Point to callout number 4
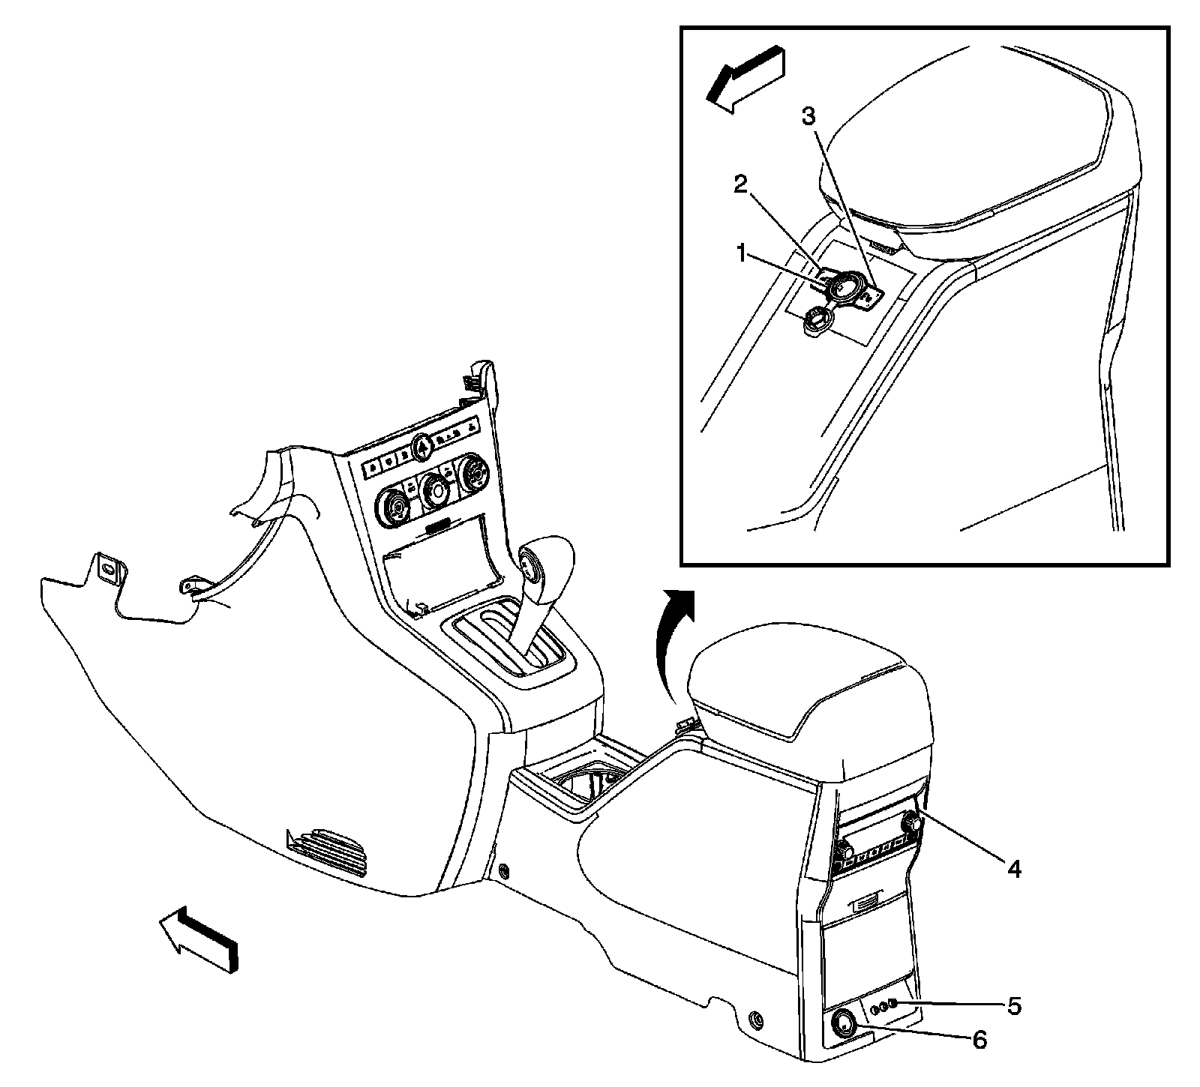(1013, 869)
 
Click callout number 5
(1013, 1005)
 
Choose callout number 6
(979, 1040)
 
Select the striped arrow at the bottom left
(198, 939)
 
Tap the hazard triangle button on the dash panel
(421, 448)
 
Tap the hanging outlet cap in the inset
(814, 325)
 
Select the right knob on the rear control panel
(913, 822)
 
